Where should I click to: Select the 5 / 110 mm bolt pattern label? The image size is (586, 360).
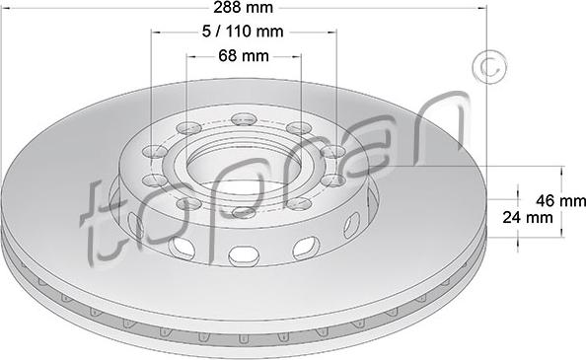[242, 32]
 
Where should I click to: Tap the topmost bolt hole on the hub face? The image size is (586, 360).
[243, 120]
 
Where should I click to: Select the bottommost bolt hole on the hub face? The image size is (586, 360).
[245, 211]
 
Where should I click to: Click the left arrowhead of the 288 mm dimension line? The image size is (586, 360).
[6, 9]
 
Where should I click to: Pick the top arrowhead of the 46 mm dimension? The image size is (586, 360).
[560, 169]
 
